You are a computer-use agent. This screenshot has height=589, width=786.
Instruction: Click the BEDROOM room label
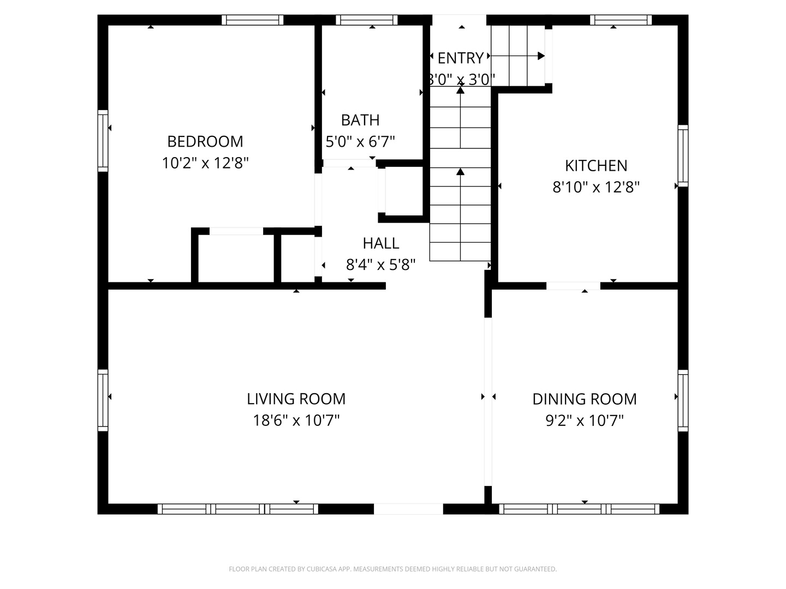pos(205,141)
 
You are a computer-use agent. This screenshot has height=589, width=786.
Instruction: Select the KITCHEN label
pos(596,165)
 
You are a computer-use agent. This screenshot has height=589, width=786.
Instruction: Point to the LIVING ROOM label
pos(296,399)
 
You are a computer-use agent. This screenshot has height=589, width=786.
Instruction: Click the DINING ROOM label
pos(584,399)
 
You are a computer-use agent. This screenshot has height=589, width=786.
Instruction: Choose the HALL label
pos(380,243)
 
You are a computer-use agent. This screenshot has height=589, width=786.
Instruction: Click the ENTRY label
pos(460,58)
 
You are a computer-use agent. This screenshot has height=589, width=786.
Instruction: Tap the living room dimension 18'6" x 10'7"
pos(296,420)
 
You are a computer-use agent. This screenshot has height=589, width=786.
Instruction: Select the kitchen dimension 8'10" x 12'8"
pos(596,187)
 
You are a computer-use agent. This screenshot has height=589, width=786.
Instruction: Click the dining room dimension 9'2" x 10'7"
pos(584,420)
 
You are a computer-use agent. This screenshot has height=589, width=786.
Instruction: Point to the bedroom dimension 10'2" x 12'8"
pos(205,163)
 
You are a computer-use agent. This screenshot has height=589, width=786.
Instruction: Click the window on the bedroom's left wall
pos(103,140)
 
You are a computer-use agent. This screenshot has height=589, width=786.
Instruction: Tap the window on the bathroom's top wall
pos(366,20)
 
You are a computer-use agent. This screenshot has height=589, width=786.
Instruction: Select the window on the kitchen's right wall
pos(683,155)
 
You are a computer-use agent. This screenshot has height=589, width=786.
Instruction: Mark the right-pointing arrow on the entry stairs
pos(540,56)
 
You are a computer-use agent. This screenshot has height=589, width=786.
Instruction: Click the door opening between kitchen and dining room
pos(573,286)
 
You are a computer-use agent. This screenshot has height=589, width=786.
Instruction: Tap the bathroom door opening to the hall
pos(349,163)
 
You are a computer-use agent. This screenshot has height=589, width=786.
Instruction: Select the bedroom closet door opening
pos(236,231)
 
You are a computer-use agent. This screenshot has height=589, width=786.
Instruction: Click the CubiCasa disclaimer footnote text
pos(392,569)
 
